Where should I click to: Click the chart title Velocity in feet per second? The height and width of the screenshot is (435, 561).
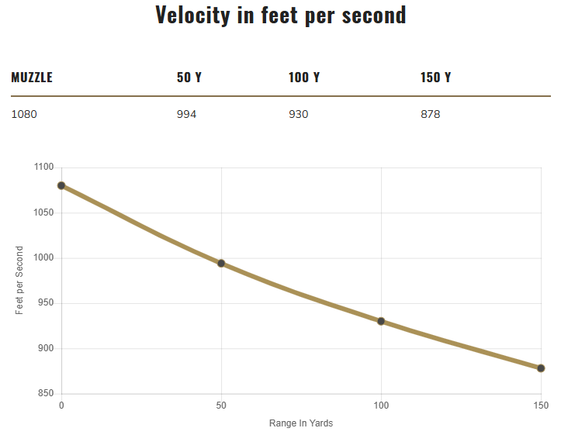tap(280, 15)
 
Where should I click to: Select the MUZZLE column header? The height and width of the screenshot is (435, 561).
tap(32, 78)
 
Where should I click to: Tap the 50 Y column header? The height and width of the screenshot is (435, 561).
tap(189, 78)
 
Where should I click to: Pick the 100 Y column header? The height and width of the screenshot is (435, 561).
tap(304, 78)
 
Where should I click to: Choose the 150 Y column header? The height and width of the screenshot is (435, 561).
tap(436, 78)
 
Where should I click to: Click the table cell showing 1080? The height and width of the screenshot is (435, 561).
tap(24, 114)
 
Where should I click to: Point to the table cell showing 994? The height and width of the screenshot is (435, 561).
tap(187, 114)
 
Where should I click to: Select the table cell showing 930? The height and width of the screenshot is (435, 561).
tap(299, 114)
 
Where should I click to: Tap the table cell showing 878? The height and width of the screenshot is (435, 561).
tap(431, 114)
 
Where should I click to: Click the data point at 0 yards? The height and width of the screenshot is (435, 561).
tap(61, 185)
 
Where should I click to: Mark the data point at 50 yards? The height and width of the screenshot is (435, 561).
tap(221, 264)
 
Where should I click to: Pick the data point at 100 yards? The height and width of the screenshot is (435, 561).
tap(381, 321)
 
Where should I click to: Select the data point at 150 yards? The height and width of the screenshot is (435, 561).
tap(541, 368)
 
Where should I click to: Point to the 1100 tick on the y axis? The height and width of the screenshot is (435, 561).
tap(43, 167)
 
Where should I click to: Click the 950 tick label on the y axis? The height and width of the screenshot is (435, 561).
tap(46, 303)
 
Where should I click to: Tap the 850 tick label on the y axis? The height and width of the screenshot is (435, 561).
tap(46, 394)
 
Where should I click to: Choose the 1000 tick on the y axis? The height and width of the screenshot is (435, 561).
tap(43, 258)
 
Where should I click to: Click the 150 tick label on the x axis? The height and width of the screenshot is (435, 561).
tap(541, 406)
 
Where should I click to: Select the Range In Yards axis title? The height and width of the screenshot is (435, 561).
tap(301, 423)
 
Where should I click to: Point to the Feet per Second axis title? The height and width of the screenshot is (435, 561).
tap(19, 281)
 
